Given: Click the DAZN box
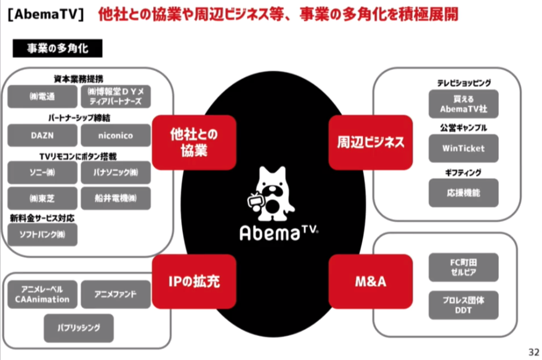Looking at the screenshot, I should [42, 135].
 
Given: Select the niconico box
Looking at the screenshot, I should [115, 135].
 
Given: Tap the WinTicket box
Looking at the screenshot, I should [463, 148].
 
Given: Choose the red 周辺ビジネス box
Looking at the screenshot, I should [370, 142].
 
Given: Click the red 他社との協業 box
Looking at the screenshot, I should [193, 142].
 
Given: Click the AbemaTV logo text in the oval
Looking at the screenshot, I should [273, 232].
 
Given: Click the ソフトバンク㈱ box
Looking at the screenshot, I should [42, 235].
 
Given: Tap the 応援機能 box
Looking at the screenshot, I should [463, 193].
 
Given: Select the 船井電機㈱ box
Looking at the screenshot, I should [115, 198].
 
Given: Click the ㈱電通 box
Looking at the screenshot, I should [42, 97].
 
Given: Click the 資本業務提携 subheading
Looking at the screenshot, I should [79, 78].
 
